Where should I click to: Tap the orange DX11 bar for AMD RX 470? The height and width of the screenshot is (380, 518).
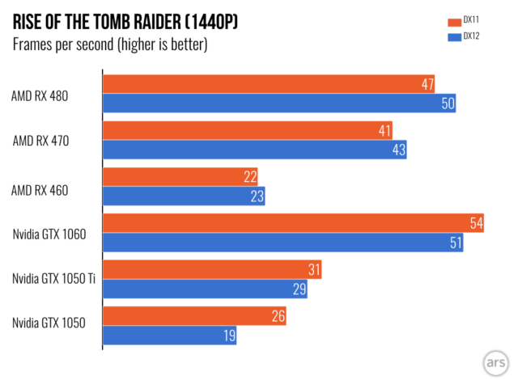[x=248, y=130]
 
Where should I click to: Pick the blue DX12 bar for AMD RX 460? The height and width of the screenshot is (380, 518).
[x=184, y=196]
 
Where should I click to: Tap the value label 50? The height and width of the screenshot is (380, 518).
[x=447, y=103]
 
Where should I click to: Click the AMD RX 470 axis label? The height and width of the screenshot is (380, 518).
[x=52, y=140]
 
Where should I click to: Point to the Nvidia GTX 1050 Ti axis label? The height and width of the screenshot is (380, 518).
[x=51, y=280]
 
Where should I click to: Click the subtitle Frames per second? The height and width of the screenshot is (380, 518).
[x=109, y=44]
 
